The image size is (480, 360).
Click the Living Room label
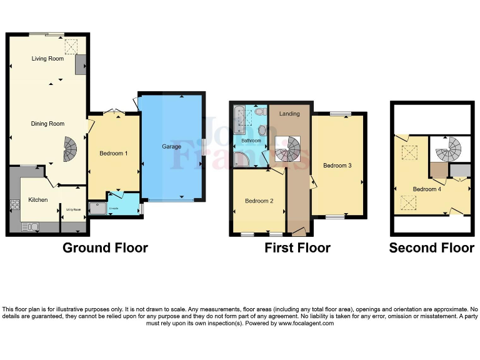pyautogui.click(x=47, y=59)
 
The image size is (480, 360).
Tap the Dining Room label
pyautogui.click(x=47, y=124)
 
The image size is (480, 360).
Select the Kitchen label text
pyautogui.click(x=38, y=200)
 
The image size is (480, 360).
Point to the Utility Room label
pyautogui.click(x=73, y=209)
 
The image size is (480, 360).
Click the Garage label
pyautogui.click(x=172, y=147)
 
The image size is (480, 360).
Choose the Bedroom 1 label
pyautogui.click(x=114, y=153)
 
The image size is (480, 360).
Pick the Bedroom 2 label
pyautogui.click(x=259, y=201)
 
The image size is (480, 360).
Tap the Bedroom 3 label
pyautogui.click(x=337, y=166)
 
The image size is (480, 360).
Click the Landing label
pyautogui.click(x=289, y=114)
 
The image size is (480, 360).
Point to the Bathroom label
pyautogui.click(x=251, y=141)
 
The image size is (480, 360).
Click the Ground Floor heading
pyautogui.click(x=105, y=248)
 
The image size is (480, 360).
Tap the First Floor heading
pyautogui.click(x=297, y=248)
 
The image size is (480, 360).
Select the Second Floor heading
pyautogui.click(x=431, y=248)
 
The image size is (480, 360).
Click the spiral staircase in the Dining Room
pyautogui.click(x=72, y=149)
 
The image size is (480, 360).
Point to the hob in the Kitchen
pyautogui.click(x=14, y=206)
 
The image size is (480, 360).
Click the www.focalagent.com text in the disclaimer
pyautogui.click(x=306, y=323)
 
